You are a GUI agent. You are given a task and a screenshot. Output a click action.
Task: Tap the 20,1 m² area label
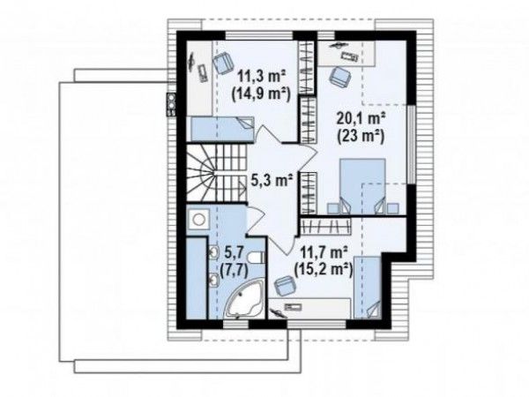pos(361,119)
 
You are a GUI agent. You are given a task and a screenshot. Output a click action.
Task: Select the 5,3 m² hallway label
pos(272,181)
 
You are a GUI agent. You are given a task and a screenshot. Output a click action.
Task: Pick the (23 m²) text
pos(361,137)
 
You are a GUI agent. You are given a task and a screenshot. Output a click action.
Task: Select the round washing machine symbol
pos(198,219)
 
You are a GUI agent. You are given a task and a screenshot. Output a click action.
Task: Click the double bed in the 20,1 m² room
pos(362,186)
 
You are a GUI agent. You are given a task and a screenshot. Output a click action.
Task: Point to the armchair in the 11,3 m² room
pos(223,63)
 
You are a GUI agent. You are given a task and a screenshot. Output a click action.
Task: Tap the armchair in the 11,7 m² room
pos(285,287)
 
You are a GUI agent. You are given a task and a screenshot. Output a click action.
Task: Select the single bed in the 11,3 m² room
pos(223,129)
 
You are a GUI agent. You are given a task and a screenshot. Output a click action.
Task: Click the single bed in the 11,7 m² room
pos(368,287)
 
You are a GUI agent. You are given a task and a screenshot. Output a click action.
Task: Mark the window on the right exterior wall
pos(411,144)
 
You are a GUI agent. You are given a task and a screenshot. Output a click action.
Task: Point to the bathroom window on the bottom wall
pos(235,325)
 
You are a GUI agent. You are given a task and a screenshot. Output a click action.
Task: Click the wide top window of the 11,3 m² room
pos(259,36)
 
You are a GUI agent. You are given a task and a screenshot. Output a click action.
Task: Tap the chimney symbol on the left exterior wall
pos(171,105)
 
